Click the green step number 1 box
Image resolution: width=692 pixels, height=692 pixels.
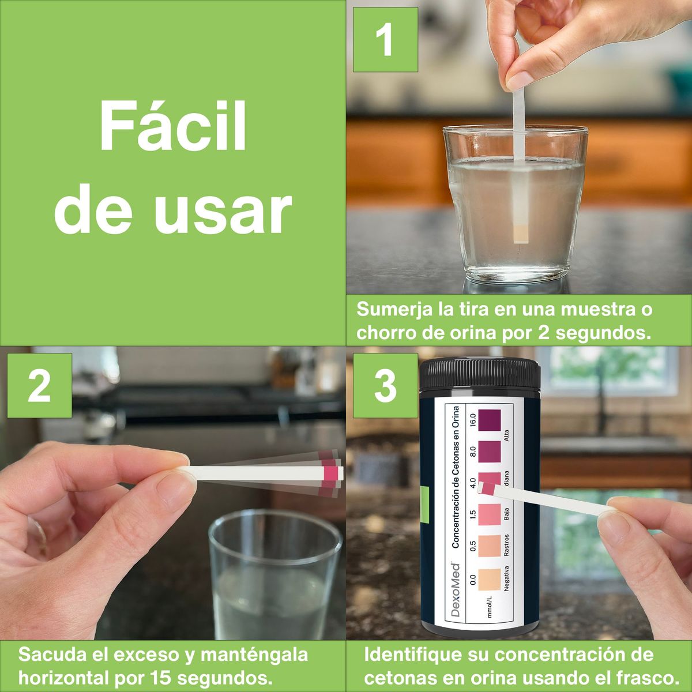(x=385, y=40)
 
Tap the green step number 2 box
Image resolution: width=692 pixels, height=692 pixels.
(x=39, y=386)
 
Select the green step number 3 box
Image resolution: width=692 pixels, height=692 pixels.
(x=385, y=386)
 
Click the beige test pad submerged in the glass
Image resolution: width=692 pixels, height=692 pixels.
(x=521, y=232)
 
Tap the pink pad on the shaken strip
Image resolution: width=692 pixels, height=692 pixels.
(x=330, y=473)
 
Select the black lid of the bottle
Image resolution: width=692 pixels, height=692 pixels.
(x=480, y=374)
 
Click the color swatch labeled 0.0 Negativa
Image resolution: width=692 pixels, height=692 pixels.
(x=491, y=580)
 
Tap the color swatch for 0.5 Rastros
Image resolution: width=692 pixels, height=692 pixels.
(x=491, y=547)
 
